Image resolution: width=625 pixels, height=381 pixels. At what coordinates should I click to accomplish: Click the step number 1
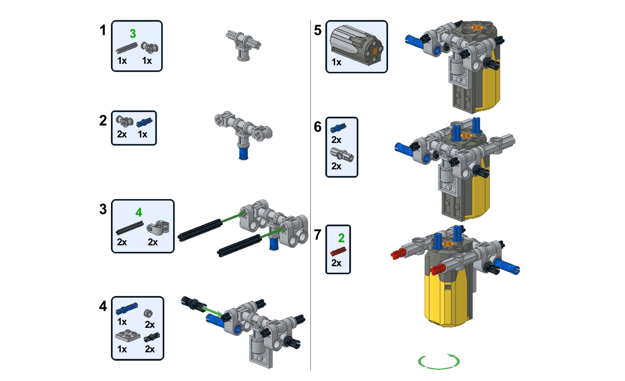[103, 30]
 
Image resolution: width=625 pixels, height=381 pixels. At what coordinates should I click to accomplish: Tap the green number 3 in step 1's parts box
[133, 34]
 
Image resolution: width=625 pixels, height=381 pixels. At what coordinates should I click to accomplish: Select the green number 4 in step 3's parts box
[139, 212]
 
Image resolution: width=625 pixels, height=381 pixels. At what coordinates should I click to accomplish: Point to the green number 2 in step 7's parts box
[341, 238]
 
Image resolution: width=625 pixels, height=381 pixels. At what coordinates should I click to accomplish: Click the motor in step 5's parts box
[356, 45]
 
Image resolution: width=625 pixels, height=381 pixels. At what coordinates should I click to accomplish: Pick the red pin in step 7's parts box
[338, 252]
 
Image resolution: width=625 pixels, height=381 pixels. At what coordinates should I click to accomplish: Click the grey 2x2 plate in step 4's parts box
[128, 336]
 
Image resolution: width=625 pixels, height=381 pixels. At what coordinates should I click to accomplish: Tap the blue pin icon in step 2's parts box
[144, 122]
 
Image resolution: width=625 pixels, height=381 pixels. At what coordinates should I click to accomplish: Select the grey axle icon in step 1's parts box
[127, 48]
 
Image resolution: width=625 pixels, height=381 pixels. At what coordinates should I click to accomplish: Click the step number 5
[318, 30]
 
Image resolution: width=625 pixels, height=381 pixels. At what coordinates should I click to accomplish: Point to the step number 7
[318, 235]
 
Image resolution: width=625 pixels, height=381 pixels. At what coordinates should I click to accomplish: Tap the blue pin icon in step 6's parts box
[338, 128]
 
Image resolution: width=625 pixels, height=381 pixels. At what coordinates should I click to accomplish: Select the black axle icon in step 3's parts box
[129, 228]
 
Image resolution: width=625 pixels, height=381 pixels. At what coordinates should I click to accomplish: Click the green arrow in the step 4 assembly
[212, 311]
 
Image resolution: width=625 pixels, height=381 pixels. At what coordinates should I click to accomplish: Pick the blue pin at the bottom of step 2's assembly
[243, 153]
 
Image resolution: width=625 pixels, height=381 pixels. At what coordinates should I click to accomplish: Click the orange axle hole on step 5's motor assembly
[476, 28]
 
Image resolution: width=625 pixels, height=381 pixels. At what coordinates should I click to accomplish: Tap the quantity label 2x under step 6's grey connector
[336, 166]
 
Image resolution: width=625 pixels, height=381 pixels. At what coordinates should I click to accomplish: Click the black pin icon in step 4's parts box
[152, 337]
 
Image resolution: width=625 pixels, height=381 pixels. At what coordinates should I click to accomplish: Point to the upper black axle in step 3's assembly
[200, 230]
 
